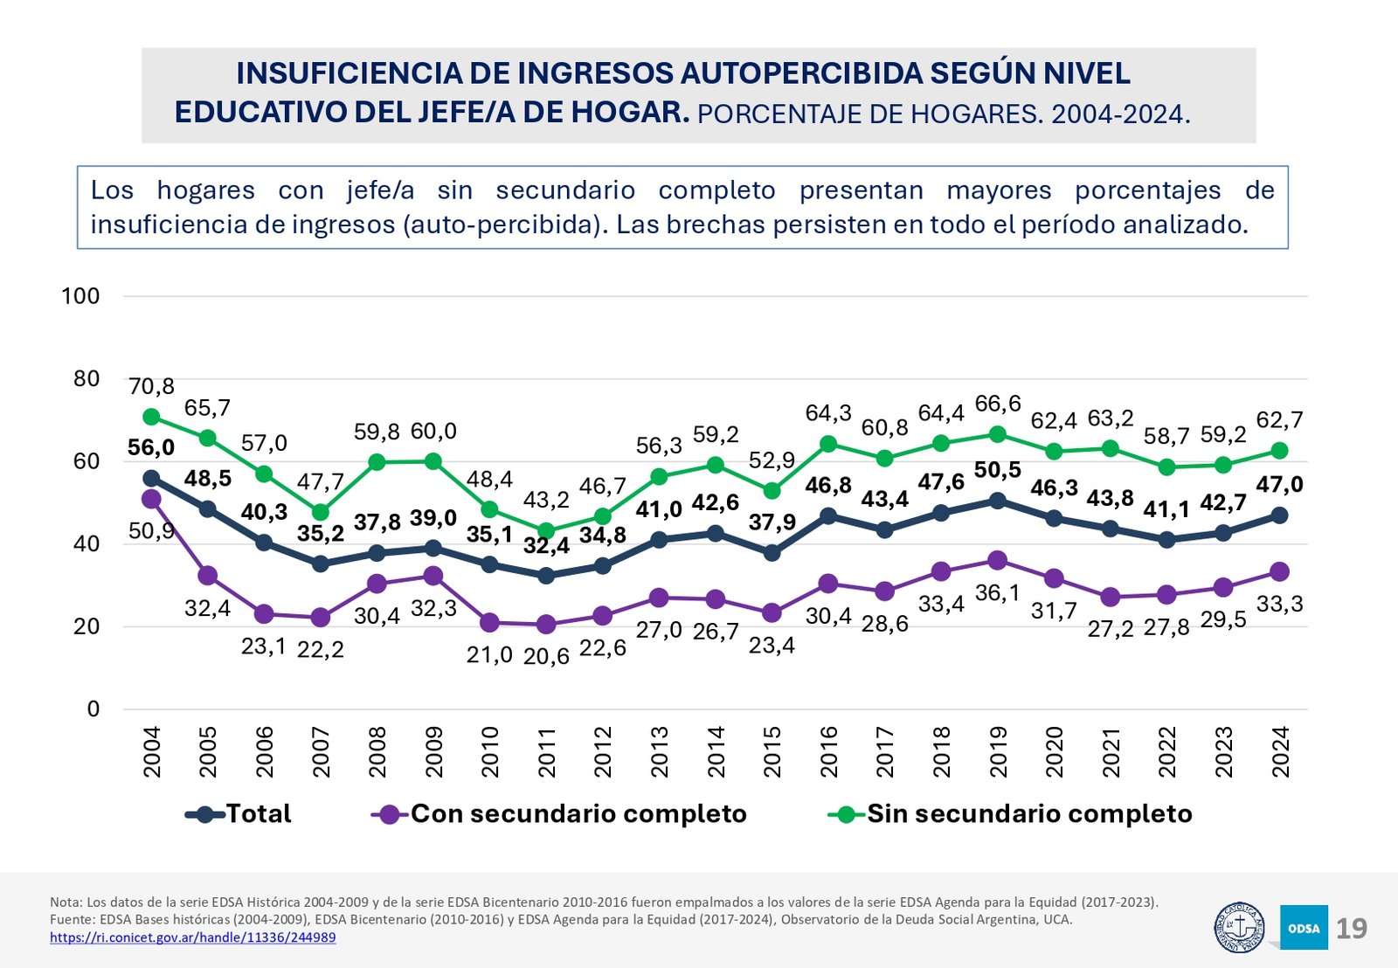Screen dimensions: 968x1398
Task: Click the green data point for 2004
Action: (x=151, y=417)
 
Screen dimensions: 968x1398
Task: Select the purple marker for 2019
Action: (x=997, y=560)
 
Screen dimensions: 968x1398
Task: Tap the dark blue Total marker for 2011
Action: (x=546, y=576)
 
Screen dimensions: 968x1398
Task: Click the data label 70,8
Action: (x=151, y=386)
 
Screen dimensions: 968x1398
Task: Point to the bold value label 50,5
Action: (x=997, y=470)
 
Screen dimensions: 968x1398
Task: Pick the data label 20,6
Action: (x=546, y=656)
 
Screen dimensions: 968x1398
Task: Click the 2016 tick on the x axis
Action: (x=828, y=751)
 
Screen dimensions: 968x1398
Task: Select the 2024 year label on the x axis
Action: (x=1280, y=751)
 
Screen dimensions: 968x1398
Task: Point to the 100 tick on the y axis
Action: (x=80, y=296)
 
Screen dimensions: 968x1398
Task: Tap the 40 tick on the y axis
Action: (x=87, y=543)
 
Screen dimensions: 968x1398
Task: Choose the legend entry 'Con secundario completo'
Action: (x=578, y=814)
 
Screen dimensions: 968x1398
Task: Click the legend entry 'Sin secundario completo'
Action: (x=1028, y=814)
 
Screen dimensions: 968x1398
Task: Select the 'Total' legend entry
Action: (x=258, y=814)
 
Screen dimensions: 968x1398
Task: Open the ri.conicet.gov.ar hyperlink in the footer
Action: (x=192, y=937)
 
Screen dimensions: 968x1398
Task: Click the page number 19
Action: (x=1351, y=928)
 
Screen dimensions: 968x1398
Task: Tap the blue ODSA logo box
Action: (x=1304, y=928)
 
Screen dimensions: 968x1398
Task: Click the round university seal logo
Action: (x=1239, y=928)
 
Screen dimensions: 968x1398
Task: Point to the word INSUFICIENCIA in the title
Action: (x=349, y=73)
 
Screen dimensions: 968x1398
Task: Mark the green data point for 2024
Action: (x=1280, y=451)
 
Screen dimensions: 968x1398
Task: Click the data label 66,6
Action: (x=997, y=404)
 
